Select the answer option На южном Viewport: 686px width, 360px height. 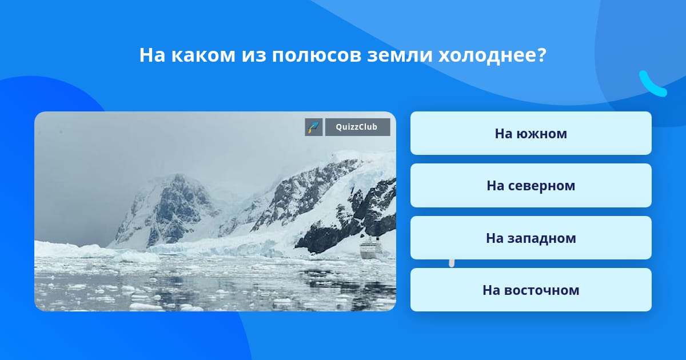(x=531, y=133)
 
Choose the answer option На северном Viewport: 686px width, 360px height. (x=531, y=186)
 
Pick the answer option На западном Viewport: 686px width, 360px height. (x=531, y=238)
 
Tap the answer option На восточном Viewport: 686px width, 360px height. (x=531, y=290)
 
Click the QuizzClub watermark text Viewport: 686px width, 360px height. (x=357, y=127)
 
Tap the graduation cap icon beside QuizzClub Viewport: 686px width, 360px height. (x=314, y=127)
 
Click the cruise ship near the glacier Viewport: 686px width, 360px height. (x=371, y=248)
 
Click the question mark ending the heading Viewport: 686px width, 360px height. (x=541, y=55)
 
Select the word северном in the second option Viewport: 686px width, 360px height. (x=541, y=186)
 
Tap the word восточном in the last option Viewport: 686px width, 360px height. (x=542, y=290)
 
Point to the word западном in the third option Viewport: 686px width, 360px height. (x=541, y=238)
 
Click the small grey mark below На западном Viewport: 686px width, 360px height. (x=452, y=263)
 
